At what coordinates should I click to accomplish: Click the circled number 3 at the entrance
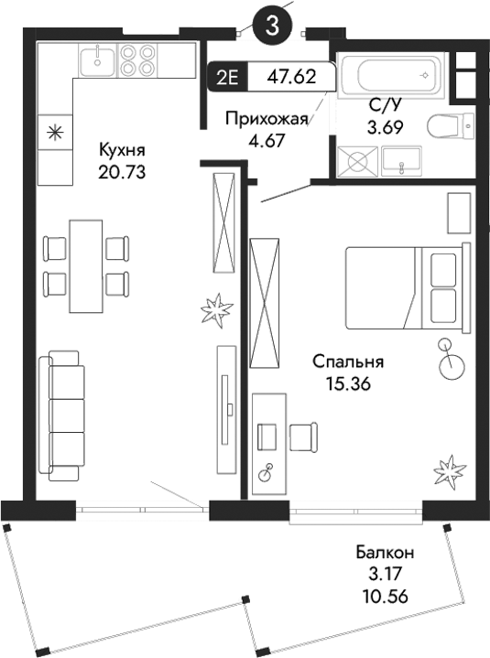click(273, 27)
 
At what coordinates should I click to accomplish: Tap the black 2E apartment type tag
click(226, 78)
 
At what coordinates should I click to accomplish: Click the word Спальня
click(346, 361)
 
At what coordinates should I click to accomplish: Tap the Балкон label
click(386, 553)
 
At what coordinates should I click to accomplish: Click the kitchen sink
click(96, 60)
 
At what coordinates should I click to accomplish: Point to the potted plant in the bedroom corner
click(449, 471)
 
